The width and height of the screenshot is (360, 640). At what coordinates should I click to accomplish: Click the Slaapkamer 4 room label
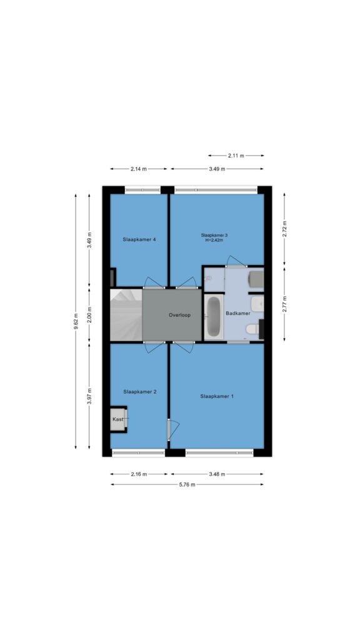click(x=139, y=239)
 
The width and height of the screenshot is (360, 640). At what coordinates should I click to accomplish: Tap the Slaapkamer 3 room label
click(x=214, y=235)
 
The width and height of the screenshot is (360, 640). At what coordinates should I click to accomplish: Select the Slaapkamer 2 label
click(x=139, y=391)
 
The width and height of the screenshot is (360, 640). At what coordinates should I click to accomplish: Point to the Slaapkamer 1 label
click(x=217, y=396)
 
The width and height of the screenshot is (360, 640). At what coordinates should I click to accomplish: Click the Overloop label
click(x=179, y=315)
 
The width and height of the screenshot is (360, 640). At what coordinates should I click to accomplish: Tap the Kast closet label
click(x=118, y=419)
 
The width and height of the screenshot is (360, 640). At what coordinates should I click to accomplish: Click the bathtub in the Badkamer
click(x=214, y=316)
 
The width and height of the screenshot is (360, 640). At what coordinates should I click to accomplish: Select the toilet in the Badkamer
click(x=252, y=329)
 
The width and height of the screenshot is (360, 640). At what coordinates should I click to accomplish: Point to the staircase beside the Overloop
click(x=126, y=315)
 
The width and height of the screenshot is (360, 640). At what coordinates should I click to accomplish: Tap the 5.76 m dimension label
click(x=187, y=484)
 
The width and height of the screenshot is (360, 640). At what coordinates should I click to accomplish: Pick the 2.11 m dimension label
click(x=236, y=156)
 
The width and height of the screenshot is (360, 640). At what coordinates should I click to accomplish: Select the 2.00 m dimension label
click(x=89, y=315)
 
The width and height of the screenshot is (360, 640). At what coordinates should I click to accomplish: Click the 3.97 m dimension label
click(x=89, y=396)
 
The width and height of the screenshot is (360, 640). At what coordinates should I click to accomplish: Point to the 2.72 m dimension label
click(x=285, y=229)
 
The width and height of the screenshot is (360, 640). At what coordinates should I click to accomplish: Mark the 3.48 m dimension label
click(x=217, y=474)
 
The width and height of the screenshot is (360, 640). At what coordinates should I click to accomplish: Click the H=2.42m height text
click(x=214, y=241)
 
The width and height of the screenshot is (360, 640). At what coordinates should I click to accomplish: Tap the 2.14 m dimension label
click(x=139, y=169)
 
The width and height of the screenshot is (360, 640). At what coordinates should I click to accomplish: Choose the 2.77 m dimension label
click(x=285, y=304)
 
